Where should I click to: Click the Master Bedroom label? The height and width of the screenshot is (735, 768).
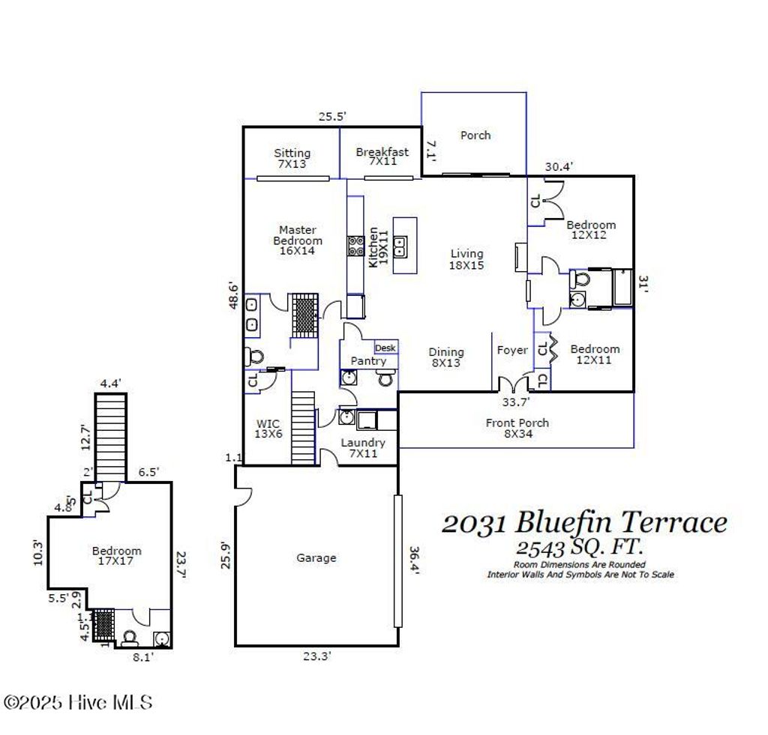pyautogui.click(x=298, y=241)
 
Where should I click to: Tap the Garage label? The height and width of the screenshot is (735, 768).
pyautogui.click(x=316, y=558)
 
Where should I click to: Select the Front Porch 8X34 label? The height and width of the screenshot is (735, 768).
pyautogui.click(x=517, y=429)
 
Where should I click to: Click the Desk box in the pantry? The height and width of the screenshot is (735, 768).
pyautogui.click(x=385, y=348)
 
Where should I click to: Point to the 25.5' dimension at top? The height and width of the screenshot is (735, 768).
pyautogui.click(x=331, y=117)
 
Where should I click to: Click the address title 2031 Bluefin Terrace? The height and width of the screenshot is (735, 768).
pyautogui.click(x=584, y=522)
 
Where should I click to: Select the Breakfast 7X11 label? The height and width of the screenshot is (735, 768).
pyautogui.click(x=382, y=157)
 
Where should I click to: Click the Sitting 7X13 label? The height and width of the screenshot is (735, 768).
pyautogui.click(x=292, y=158)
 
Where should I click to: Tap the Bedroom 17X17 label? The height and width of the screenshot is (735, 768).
pyautogui.click(x=116, y=555)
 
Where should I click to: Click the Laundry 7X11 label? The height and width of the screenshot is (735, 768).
pyautogui.click(x=363, y=448)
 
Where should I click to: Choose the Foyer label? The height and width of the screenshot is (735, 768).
pyautogui.click(x=512, y=350)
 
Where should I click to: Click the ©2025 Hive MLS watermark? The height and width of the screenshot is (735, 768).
pyautogui.click(x=78, y=703)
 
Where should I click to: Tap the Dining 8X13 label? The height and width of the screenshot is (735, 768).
pyautogui.click(x=446, y=357)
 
